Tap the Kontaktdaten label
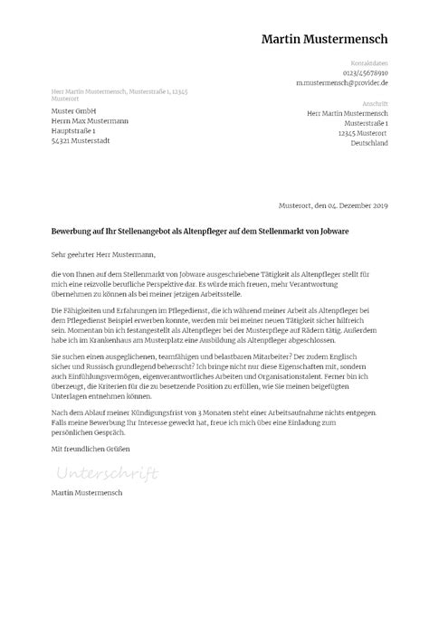[x=371, y=62]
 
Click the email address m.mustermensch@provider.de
[x=342, y=82]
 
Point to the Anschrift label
[x=375, y=103]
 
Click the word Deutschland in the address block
[x=368, y=143]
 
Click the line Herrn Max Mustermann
[x=90, y=120]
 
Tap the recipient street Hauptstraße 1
[x=78, y=131]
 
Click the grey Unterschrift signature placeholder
[x=106, y=473]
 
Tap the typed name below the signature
[x=88, y=493]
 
